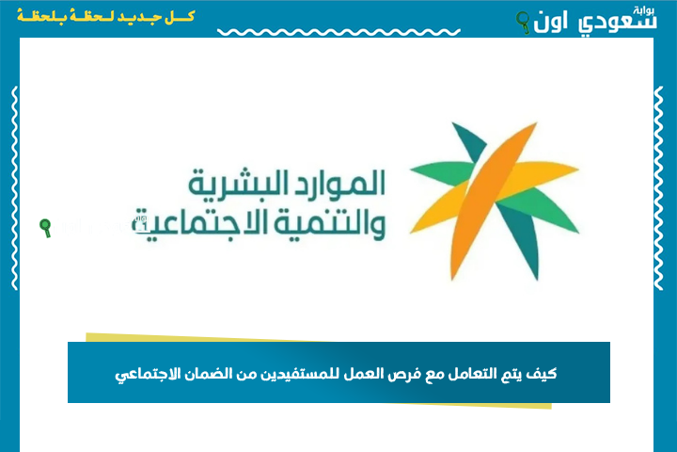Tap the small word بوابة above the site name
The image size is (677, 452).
[644, 10]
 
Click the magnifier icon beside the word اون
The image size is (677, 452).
[524, 23]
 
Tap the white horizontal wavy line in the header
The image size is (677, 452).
[338, 32]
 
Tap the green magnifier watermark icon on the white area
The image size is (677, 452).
[45, 228]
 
